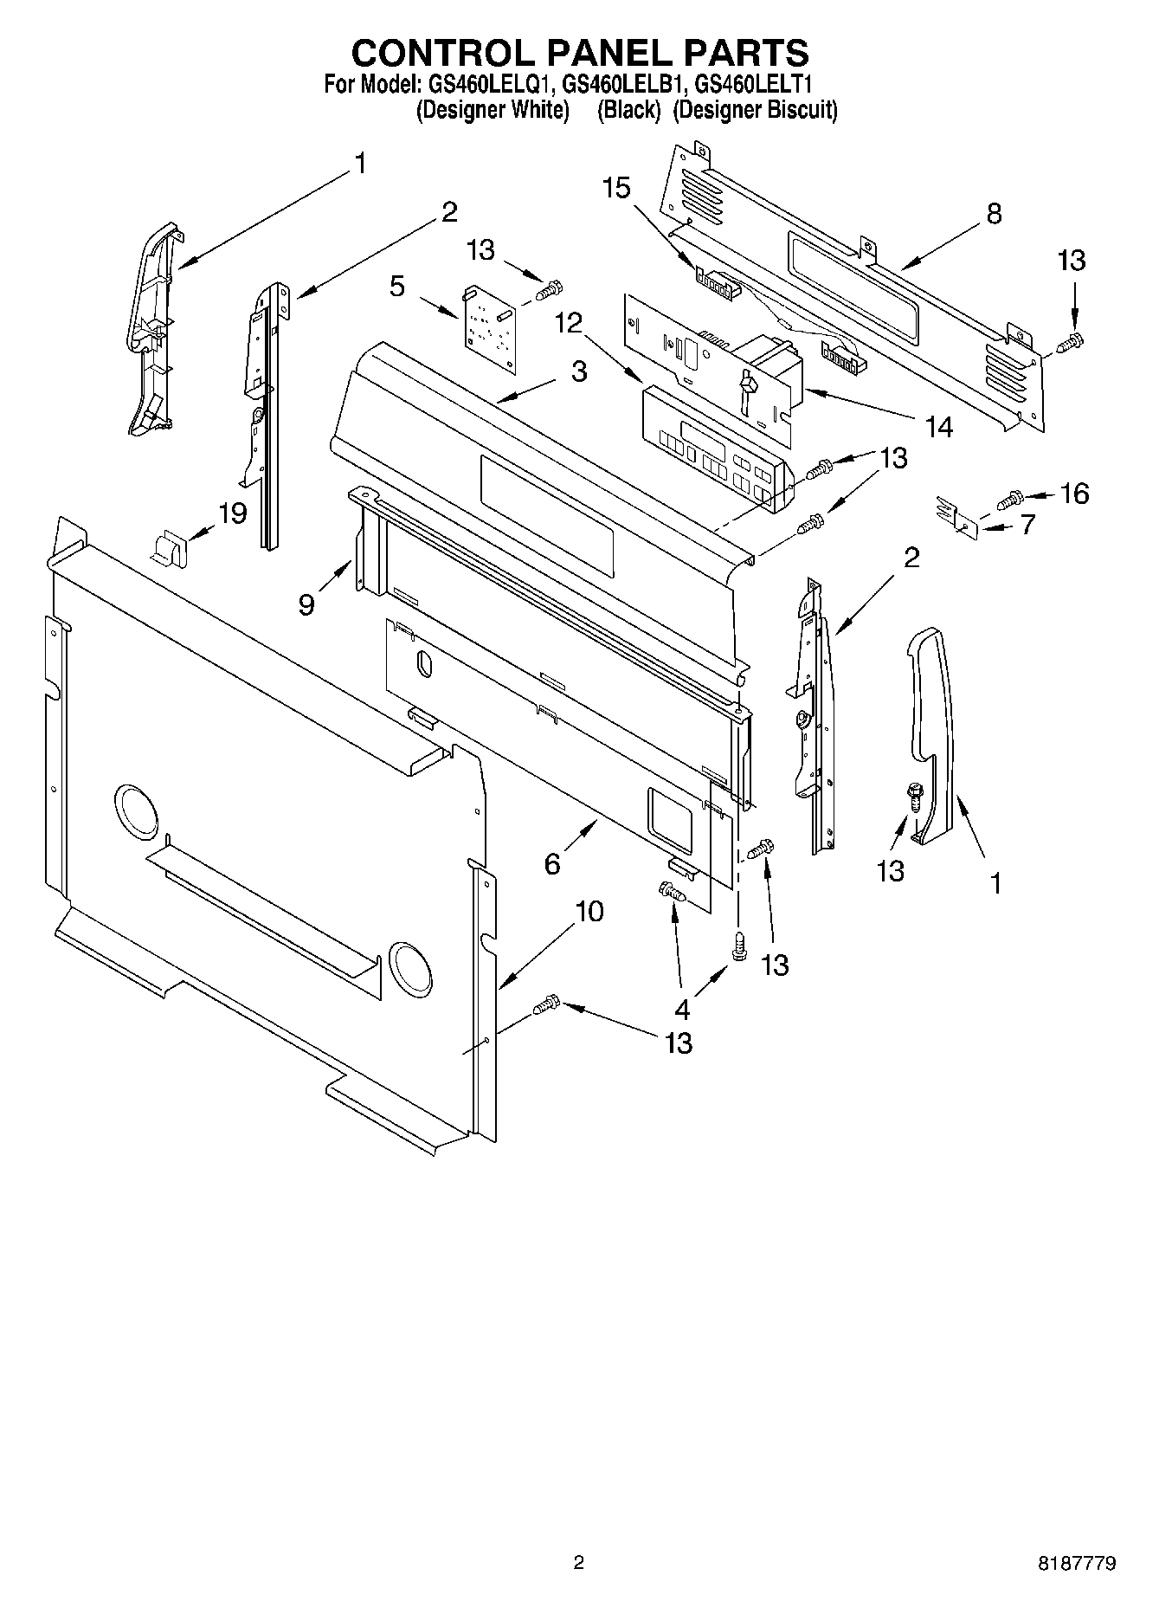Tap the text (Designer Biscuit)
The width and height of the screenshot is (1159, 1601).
[x=755, y=111]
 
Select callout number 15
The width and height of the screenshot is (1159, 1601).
[x=617, y=188]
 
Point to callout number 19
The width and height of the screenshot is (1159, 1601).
[x=232, y=513]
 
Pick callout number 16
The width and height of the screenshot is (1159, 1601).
[x=1074, y=494]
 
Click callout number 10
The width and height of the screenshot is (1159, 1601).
[x=589, y=911]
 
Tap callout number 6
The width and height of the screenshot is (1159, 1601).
[x=552, y=863]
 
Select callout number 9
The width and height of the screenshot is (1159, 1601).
[x=307, y=604]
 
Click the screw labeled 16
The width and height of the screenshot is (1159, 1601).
[x=1011, y=499]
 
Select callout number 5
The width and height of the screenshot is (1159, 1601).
[x=397, y=286]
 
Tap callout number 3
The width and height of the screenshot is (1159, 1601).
[x=579, y=371]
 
